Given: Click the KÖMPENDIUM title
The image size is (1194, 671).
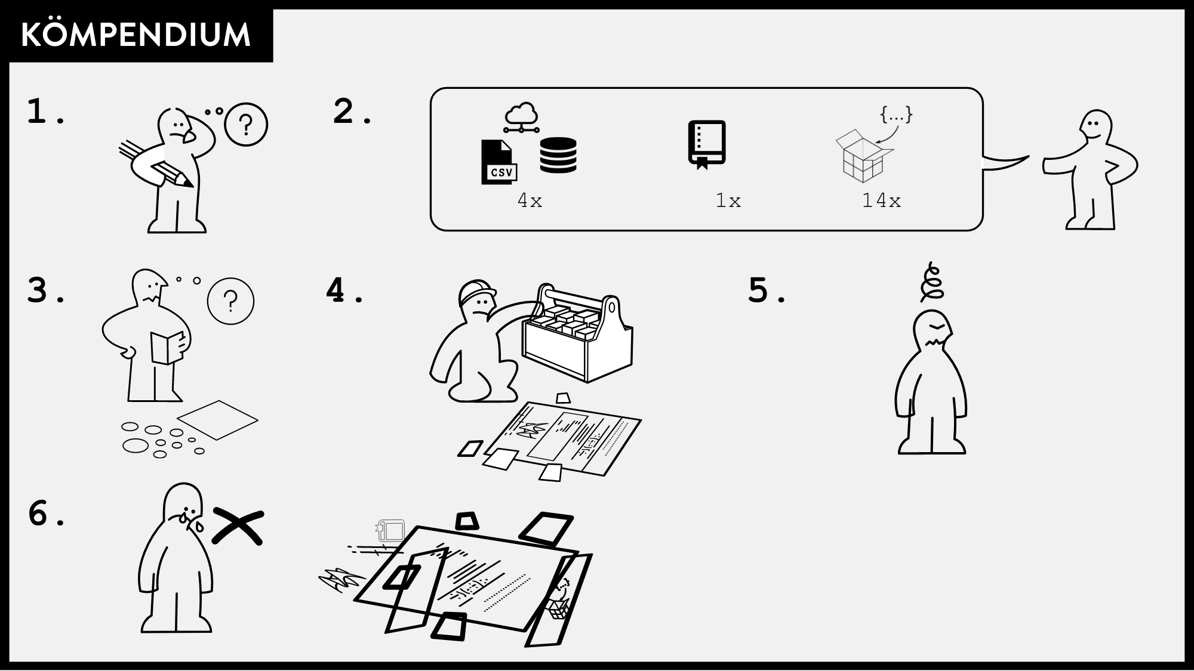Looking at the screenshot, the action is pos(136,35).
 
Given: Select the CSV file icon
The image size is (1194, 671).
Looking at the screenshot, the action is pos(498,162).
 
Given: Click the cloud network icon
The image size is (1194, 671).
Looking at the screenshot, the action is pos(521,117).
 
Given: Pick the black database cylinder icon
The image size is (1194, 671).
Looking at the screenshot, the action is pos(558,155).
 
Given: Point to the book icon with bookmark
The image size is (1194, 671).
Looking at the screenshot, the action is pos(706,144).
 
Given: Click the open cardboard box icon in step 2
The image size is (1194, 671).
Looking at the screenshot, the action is pos(863,156).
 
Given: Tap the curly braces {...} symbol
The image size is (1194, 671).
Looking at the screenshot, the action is pos(896,115).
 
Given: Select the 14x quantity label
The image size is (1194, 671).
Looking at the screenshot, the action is pos(881,201).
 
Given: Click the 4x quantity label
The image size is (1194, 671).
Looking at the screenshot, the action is pos(530,201).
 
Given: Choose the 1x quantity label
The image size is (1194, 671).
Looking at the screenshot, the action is pos(728,201).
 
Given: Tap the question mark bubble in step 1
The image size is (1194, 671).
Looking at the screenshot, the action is pos(246,125).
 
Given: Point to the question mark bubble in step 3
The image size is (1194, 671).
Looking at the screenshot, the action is pos(230,301).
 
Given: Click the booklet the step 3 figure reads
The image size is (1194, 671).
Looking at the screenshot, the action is pos(167,347).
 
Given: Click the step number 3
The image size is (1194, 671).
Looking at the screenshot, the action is pos(38,290).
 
